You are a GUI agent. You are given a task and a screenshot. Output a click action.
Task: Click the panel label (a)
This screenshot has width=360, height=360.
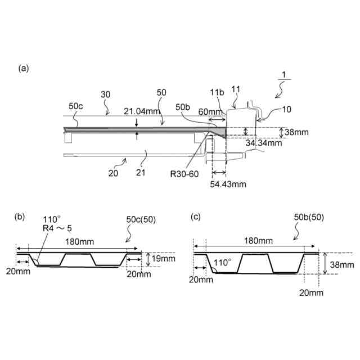tap(23, 68)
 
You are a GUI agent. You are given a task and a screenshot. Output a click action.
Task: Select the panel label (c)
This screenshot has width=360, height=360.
tap(196, 216)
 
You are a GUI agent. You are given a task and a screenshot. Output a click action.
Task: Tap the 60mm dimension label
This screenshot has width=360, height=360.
tap(211, 112)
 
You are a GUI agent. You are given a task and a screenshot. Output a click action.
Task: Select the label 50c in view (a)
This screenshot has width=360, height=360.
tap(75, 106)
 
